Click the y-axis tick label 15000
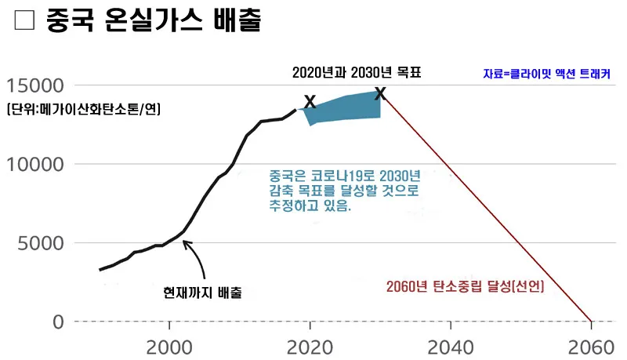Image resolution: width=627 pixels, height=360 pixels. [34, 85]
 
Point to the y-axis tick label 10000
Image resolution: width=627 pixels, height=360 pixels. [34, 165]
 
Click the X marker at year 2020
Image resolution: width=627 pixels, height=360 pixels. [310, 102]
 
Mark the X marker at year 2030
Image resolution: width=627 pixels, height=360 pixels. [380, 93]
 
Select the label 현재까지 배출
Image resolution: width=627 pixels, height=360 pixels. [202, 293]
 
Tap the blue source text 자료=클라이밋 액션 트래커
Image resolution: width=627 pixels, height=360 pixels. [547, 75]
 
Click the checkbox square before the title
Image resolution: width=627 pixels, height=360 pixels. [24, 20]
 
